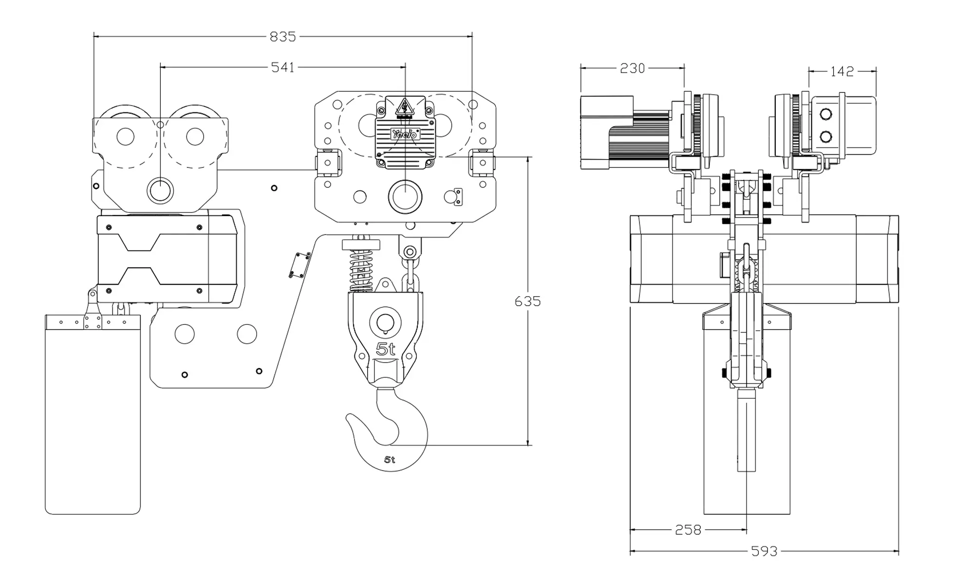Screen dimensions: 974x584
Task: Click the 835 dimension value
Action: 282,36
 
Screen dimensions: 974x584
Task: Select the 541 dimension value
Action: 282,67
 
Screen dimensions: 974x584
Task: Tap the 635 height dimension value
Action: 527,302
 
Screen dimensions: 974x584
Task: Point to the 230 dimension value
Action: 632,69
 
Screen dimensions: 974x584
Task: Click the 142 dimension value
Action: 842,72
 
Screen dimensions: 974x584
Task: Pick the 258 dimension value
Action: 688,529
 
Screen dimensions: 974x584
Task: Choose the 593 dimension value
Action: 764,551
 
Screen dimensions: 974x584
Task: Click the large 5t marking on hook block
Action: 385,349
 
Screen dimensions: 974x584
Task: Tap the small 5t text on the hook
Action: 390,459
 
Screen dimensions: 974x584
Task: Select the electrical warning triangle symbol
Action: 404,107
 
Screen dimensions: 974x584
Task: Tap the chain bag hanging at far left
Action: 93,414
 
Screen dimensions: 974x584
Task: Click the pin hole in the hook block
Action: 385,322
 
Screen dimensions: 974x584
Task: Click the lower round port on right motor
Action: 826,137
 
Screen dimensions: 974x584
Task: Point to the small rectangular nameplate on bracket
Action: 300,266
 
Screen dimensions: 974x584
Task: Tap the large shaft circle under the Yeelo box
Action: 405,197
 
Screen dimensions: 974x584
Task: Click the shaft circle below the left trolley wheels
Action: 160,190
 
